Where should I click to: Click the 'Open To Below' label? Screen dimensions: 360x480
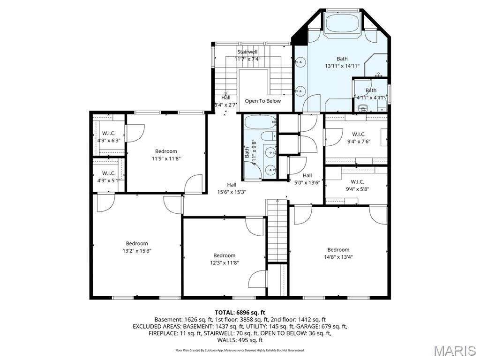coord(262,101)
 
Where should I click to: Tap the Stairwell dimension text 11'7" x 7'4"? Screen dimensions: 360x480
coord(247,59)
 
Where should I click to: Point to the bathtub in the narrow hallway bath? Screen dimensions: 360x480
coord(259,123)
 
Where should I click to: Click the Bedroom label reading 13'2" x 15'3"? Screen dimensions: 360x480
coord(137,247)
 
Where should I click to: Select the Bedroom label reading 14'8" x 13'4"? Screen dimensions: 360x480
coord(338,253)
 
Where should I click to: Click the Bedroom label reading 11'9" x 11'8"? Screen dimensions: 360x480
coord(166,155)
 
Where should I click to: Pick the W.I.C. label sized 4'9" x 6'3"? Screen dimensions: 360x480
coord(109,137)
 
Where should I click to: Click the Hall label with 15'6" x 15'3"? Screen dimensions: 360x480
coord(232,188)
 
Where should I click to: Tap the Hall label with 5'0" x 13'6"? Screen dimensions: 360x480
coord(307,179)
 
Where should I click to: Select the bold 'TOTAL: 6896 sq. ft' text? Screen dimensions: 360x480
coord(240,312)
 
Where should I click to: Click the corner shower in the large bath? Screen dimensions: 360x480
coord(378,65)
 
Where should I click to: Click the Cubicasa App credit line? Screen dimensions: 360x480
coord(240,350)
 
